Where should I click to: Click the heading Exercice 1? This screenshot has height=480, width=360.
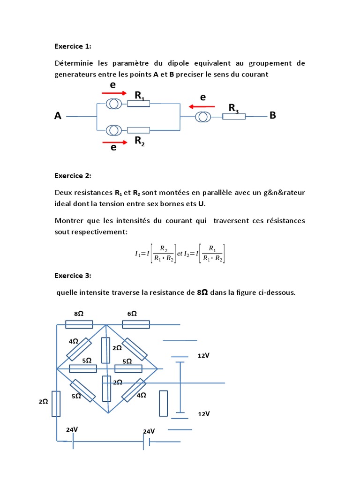pos(73,46)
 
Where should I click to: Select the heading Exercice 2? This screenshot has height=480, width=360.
pos(73,176)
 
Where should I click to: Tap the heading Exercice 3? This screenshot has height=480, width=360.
pos(73,275)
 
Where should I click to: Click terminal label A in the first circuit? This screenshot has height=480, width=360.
pos(58,116)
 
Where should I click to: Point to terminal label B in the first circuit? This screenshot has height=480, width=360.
pos(273,115)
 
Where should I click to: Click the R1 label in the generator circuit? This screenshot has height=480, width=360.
pos(140,96)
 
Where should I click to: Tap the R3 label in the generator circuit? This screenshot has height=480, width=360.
pos(233,108)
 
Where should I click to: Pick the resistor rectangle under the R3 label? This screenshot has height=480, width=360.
pos(234,116)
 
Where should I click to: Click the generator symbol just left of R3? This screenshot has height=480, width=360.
pos(203,116)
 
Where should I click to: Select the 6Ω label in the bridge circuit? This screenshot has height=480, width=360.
pos(132,314)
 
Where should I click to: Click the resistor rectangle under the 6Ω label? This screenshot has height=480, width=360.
pos(136,324)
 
